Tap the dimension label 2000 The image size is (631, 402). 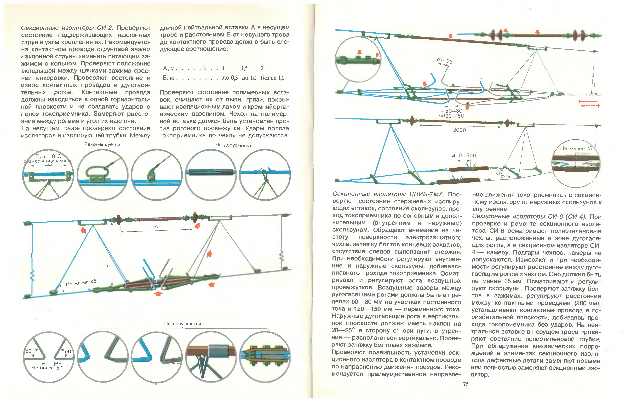click(x=459, y=130)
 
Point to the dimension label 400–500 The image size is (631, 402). click(x=464, y=155)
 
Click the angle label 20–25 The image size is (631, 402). click(x=444, y=60)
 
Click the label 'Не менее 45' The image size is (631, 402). click(x=81, y=282)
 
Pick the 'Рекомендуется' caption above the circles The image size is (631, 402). click(x=102, y=144)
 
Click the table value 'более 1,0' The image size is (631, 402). click(x=273, y=78)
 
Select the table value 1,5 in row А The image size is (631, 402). click(x=245, y=68)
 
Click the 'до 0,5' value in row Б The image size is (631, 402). click(x=230, y=78)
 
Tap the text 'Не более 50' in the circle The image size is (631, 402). click(x=47, y=368)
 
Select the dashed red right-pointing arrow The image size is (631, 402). click(x=590, y=106)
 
